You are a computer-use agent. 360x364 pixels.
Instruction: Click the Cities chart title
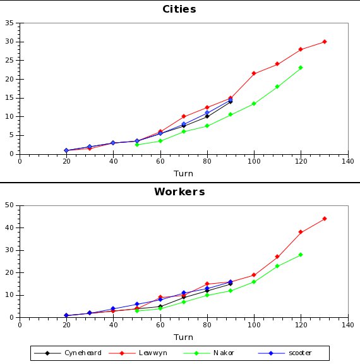pos(179,9)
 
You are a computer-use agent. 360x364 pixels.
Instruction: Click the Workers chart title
pos(179,191)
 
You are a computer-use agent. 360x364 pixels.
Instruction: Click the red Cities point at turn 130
pos(324,42)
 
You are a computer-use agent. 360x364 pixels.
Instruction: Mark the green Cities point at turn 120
pos(301,68)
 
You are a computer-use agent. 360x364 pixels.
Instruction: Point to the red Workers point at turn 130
pos(324,219)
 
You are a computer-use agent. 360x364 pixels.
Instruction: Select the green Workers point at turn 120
pos(301,255)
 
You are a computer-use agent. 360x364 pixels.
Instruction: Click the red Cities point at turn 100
pos(254,73)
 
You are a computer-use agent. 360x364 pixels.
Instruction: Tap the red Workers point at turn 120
pos(301,232)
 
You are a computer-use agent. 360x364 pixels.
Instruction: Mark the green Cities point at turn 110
pos(277,87)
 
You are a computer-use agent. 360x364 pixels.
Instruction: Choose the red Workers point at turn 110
pos(277,257)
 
